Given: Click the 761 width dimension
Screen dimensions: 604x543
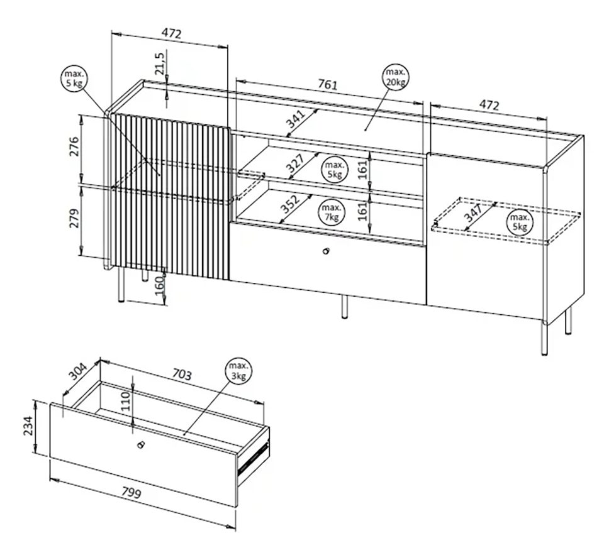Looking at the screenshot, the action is [327, 84].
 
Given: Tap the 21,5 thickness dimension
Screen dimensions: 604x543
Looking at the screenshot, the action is [159, 63].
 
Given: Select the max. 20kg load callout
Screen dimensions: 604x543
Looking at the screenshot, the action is [396, 77].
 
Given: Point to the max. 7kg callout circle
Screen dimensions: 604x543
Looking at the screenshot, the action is [332, 212].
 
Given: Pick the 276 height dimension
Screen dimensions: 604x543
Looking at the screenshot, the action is [74, 146].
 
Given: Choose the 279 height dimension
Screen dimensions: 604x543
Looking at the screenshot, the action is [74, 218].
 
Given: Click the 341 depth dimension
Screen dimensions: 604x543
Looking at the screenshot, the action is [296, 119].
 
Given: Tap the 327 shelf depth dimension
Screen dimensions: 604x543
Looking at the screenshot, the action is [296, 163].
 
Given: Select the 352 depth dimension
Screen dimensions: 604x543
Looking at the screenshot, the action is [289, 204].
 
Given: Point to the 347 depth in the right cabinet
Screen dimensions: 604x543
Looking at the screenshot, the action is [473, 213].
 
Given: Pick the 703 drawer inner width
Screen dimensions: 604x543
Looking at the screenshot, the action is [181, 374].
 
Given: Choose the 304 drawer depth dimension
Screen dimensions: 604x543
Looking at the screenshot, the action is [79, 371].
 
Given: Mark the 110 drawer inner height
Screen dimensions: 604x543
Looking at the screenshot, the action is [126, 401].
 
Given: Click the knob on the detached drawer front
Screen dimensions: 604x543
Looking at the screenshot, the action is [140, 444].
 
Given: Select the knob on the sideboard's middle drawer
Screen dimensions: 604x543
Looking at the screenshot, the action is [326, 251].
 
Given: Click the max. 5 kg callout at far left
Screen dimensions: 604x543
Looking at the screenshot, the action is [74, 79].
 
